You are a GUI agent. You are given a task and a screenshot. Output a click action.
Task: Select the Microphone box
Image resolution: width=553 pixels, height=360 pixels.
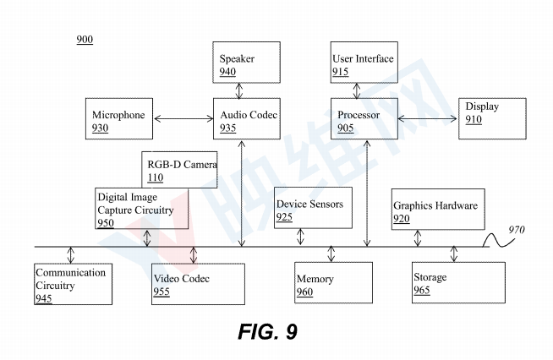[x=122, y=119]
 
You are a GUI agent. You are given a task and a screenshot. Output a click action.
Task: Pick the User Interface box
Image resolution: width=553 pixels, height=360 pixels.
[x=363, y=63]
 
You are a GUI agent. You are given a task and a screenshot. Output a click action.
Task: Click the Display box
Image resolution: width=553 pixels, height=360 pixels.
[x=492, y=118]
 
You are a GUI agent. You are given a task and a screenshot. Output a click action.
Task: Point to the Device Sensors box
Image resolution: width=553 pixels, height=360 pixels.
[x=312, y=209]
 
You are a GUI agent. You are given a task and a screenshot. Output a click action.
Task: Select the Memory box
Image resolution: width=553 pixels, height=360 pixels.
[x=332, y=283]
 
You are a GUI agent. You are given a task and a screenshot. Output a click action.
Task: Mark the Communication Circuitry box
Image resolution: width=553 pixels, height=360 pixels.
[x=73, y=284]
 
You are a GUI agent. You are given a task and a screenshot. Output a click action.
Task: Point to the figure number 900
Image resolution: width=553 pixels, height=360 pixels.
[x=85, y=40]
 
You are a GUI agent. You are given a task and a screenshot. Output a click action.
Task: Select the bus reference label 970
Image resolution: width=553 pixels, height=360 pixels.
[x=517, y=229]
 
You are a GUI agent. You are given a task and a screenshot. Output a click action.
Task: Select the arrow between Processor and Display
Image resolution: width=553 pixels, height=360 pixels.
[x=428, y=119]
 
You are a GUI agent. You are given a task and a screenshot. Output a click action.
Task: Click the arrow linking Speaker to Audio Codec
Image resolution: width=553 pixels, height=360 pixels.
[x=243, y=90]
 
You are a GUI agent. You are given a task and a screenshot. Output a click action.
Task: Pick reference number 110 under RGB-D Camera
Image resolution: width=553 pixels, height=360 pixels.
[x=155, y=177]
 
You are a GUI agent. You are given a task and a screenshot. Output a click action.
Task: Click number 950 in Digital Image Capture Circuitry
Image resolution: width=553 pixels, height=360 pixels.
[x=105, y=223]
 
